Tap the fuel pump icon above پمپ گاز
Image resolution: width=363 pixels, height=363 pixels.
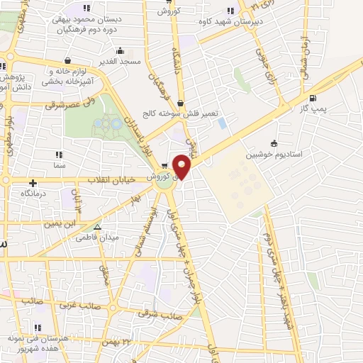coord(313,99)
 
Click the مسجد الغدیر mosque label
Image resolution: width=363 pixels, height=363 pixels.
coord(121,62)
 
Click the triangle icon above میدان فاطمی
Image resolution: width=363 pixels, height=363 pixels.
coord(98,228)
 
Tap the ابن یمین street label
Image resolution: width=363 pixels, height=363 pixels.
coord(60,223)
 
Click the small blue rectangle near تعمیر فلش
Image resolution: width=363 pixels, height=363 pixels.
coord(223,123)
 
